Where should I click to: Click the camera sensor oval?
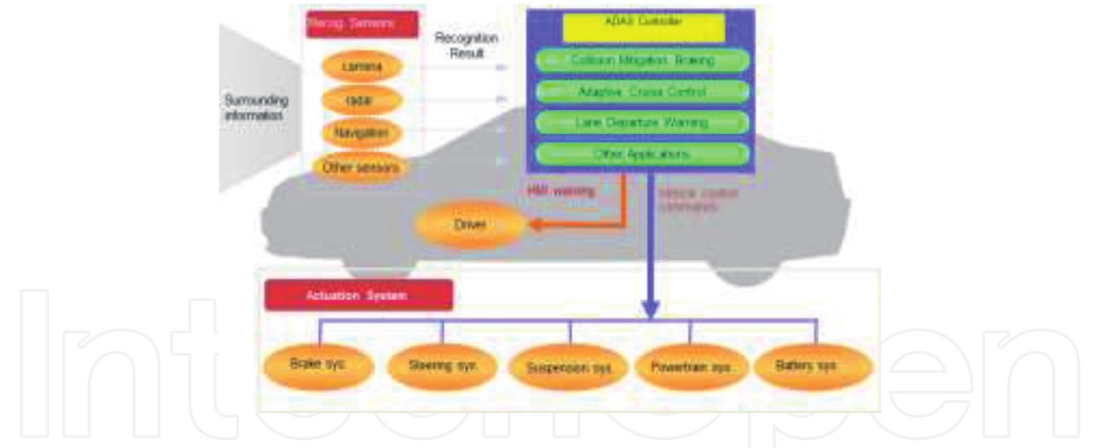pos(362,66)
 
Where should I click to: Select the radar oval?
pos(362,100)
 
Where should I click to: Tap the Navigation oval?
pos(362,133)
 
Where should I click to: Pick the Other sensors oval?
pos(361,167)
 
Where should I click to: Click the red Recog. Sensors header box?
pos(362,24)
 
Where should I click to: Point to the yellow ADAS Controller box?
pos(643,27)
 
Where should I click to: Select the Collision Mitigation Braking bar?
pos(642,60)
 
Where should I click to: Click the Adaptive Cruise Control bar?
pos(642,92)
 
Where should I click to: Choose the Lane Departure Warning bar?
pos(642,123)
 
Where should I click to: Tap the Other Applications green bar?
pos(642,154)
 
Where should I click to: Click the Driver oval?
pos(469,224)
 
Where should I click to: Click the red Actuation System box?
pos(358,295)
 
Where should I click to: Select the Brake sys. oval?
pos(318,365)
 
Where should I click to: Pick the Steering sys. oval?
pos(442,366)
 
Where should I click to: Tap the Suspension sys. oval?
pos(569,367)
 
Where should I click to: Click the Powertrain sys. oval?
pos(691,367)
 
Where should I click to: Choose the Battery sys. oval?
pos(813,366)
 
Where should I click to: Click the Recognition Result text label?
pos(467,46)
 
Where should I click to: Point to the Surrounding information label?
pos(256,107)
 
